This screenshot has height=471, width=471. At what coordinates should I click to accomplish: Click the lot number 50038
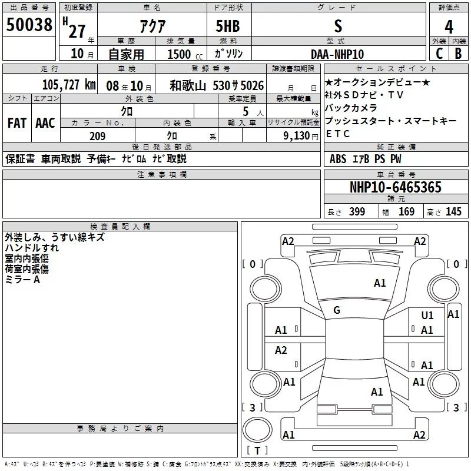pos(29,25)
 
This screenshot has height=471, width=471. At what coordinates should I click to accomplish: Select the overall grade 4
pos(449,27)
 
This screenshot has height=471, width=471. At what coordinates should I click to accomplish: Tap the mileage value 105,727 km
pos(69,85)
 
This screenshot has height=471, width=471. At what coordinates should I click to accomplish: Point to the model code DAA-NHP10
pos(337,54)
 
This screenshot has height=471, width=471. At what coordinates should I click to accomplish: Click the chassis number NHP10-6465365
pos(396,187)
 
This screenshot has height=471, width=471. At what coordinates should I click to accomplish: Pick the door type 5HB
pos(228,26)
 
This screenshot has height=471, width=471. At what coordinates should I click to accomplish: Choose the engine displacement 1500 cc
pos(185,54)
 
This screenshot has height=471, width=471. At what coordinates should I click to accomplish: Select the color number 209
pos(97,136)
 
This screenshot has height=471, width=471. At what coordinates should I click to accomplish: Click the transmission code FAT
pos(17,123)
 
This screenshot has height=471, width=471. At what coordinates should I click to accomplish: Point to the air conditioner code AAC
pos(45,123)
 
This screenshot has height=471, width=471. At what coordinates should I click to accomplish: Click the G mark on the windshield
pos(337,310)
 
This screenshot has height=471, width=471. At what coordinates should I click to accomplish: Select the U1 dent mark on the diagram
pos(427,315)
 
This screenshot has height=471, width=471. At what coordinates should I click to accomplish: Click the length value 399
pos(357,211)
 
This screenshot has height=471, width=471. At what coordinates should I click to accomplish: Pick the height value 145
pos(453,211)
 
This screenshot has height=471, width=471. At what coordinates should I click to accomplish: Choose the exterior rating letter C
pos(439,54)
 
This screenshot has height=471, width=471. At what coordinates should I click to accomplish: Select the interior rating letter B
pos(458,54)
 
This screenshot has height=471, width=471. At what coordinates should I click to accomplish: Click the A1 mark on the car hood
pos(380,283)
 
